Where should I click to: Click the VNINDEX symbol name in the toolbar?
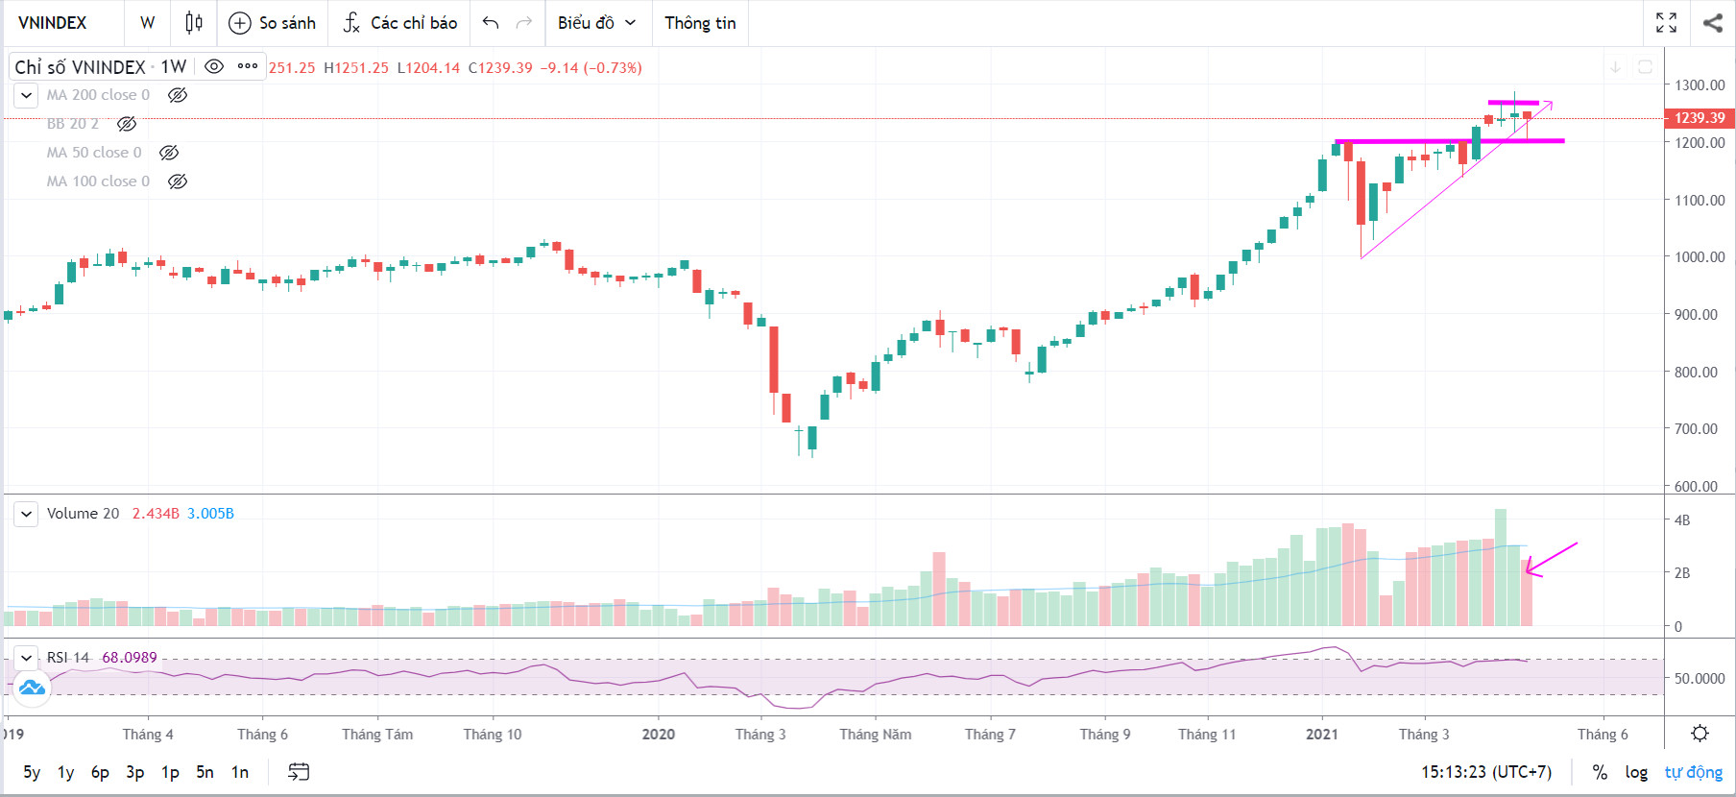point(53,23)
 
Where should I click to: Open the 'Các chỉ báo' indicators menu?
point(400,23)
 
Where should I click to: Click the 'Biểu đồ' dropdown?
point(596,23)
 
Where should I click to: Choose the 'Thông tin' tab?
point(700,23)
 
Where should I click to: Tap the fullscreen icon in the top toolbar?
point(1666,23)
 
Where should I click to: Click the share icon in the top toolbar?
point(1712,23)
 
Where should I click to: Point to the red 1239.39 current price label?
point(1699,118)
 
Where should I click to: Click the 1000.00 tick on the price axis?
point(1700,257)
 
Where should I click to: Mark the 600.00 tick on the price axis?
point(1696,486)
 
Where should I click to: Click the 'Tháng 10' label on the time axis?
point(493,735)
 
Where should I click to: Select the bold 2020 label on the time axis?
point(659,735)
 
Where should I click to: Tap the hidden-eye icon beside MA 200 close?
point(178,95)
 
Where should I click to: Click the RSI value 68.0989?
point(130,658)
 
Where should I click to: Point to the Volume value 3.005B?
point(210,514)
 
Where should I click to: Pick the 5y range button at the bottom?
point(32,772)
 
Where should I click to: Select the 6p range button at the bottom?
point(100,772)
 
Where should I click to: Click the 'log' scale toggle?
point(1636,772)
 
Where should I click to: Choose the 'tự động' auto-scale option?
point(1693,772)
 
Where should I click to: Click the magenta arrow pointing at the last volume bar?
point(1551,559)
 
